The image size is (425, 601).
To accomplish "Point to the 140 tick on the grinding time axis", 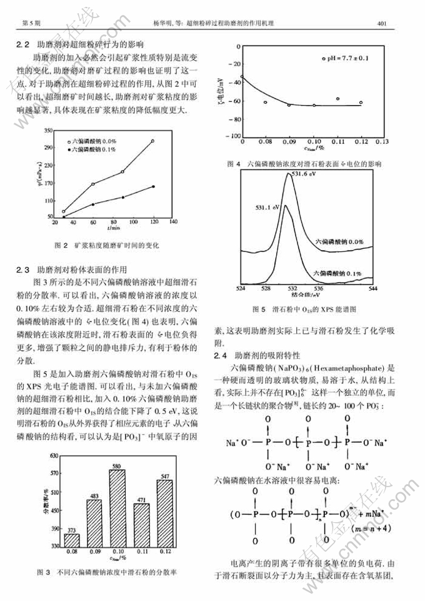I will click(x=172, y=222).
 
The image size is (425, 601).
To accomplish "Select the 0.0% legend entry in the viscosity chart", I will click(x=94, y=141).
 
